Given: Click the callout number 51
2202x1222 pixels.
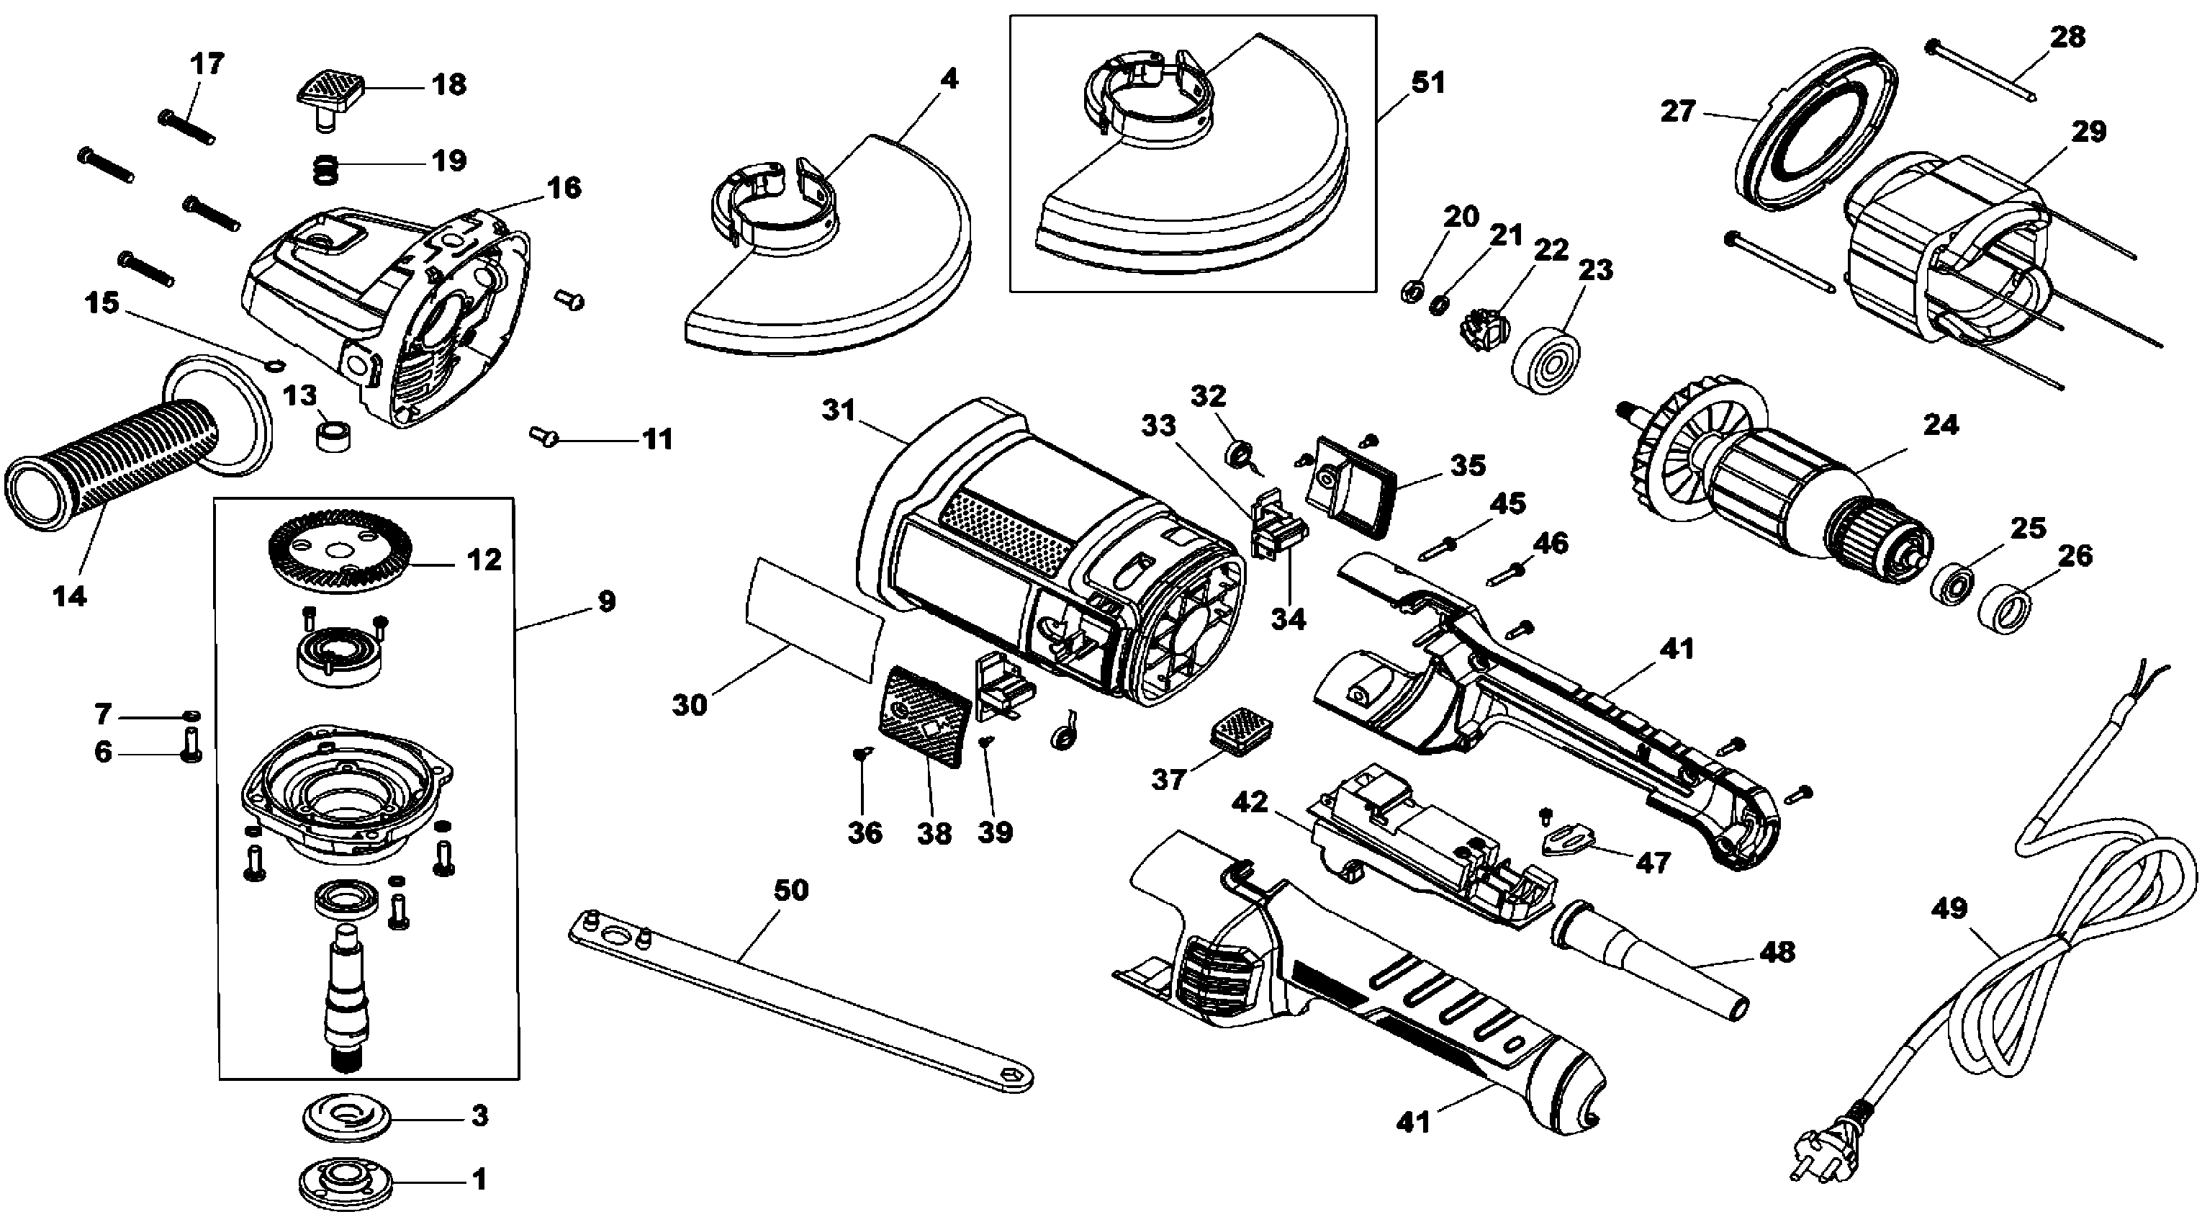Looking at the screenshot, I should point(1427,83).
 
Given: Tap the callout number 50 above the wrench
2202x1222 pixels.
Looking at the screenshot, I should point(790,890).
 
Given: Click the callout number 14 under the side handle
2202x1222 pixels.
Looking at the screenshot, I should point(69,596).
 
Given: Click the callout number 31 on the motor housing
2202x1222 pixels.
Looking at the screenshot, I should point(839,410).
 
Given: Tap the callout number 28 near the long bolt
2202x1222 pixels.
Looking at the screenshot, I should point(2067,37).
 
